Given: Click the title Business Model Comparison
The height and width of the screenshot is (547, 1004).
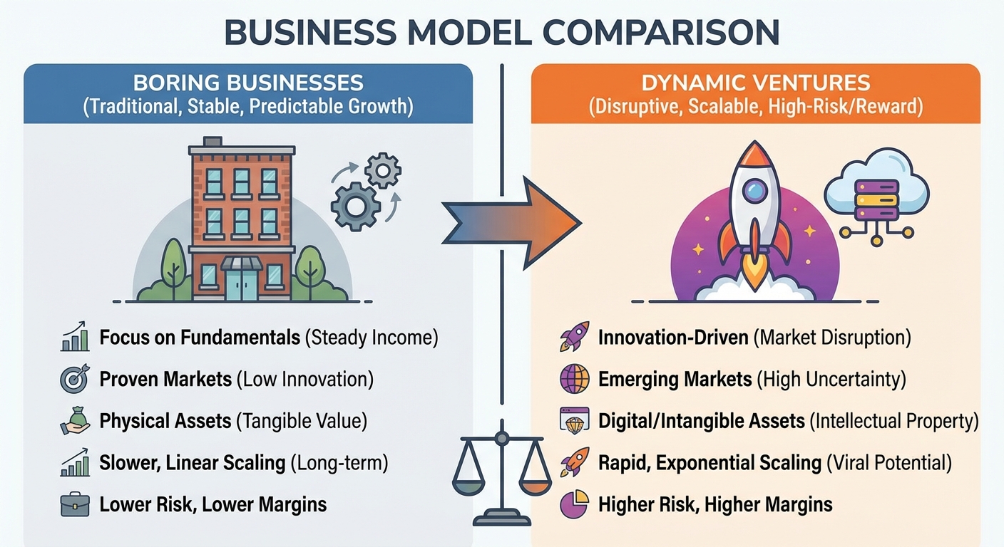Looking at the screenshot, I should [501, 32].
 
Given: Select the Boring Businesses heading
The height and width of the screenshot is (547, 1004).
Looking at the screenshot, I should [248, 83].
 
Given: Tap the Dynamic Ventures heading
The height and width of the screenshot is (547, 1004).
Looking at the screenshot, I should [756, 83].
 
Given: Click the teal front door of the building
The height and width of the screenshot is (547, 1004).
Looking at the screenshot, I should [242, 283].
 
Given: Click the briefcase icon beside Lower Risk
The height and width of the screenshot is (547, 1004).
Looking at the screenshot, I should [75, 505].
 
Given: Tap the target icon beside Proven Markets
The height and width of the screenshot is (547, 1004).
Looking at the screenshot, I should [75, 379].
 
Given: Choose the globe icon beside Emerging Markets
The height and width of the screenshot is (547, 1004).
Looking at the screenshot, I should [575, 379].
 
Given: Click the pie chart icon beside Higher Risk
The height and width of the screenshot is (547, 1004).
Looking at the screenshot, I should [575, 505].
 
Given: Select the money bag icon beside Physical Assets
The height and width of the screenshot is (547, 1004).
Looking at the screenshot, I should [75, 421].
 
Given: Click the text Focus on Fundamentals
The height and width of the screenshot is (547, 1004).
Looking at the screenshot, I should [200, 338].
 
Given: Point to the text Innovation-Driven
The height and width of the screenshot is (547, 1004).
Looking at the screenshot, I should [673, 338].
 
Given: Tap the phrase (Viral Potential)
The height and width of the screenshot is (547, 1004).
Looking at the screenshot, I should [889, 463].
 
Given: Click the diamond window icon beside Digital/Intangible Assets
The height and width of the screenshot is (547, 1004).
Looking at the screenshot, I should [575, 421].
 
